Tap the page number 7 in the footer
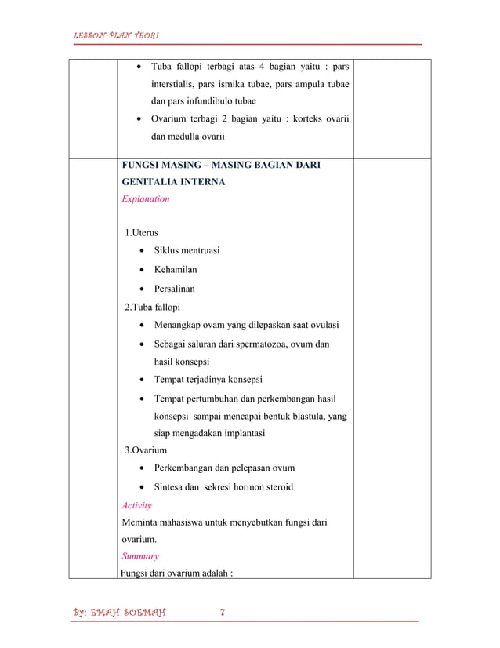pyautogui.click(x=223, y=613)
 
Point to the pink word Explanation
pyautogui.click(x=145, y=199)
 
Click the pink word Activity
pyautogui.click(x=136, y=506)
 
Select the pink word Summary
pyautogui.click(x=139, y=556)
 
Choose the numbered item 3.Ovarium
pyautogui.click(x=146, y=450)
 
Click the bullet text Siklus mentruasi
pyautogui.click(x=187, y=251)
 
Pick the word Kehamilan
pyautogui.click(x=176, y=270)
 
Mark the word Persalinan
pyautogui.click(x=175, y=289)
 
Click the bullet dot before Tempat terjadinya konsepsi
pyautogui.click(x=139, y=380)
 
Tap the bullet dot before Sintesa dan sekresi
pyautogui.click(x=139, y=488)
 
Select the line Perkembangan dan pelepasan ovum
pyautogui.click(x=224, y=468)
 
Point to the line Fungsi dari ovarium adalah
pyautogui.click(x=176, y=573)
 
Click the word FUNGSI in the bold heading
pyautogui.click(x=141, y=166)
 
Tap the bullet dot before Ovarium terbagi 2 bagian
pyautogui.click(x=139, y=120)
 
